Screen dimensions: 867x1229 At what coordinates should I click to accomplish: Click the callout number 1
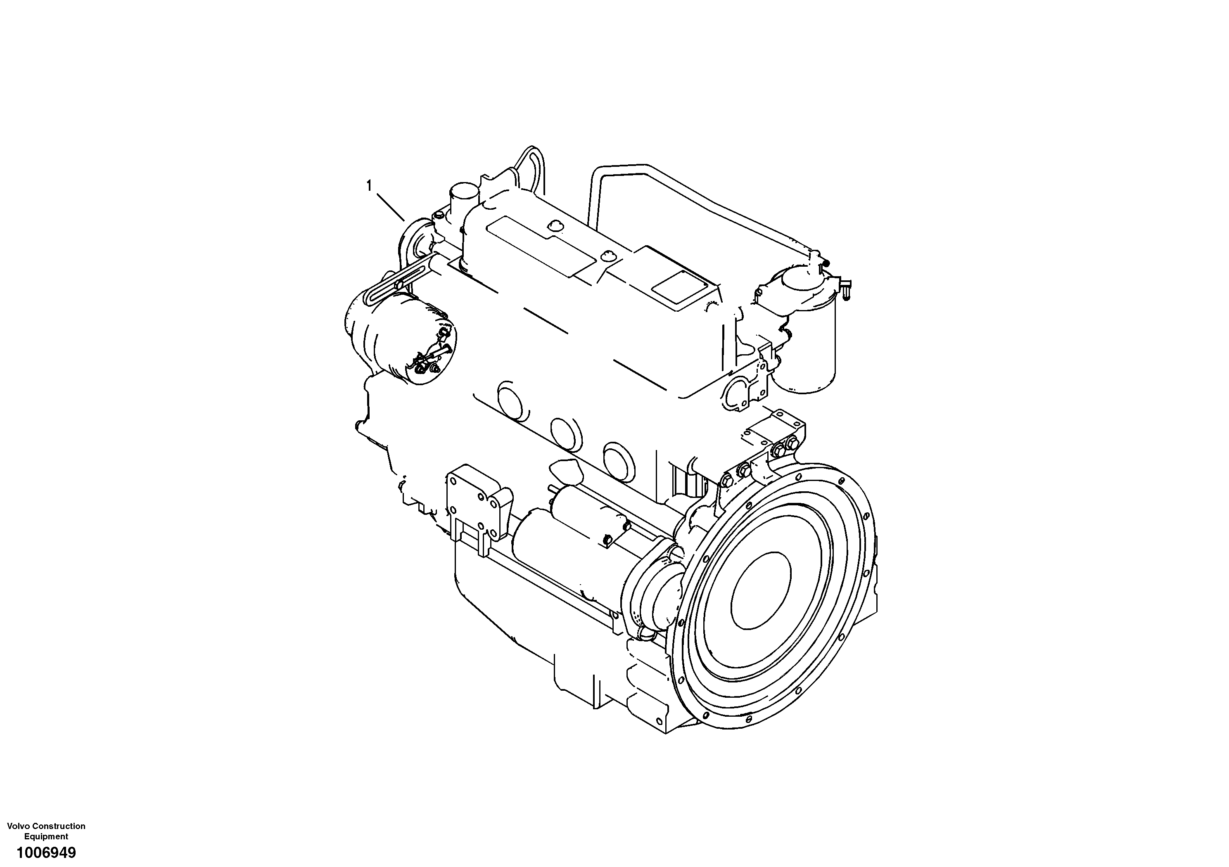coord(369,186)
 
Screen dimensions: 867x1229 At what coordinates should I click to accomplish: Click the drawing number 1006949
coord(46,852)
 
